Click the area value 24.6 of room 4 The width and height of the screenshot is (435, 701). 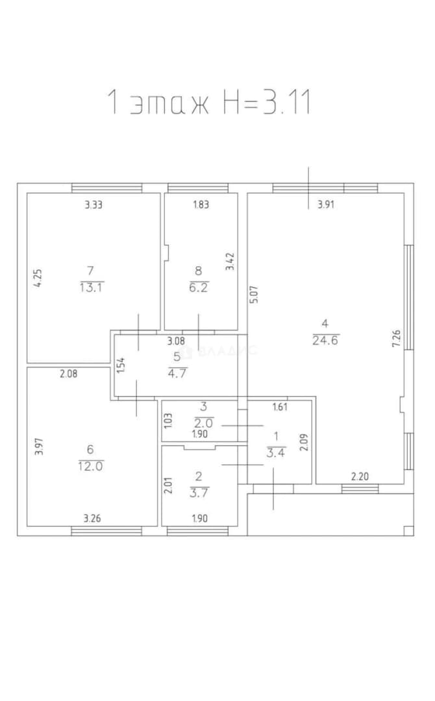tap(326, 340)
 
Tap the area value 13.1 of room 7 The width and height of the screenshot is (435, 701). tap(91, 288)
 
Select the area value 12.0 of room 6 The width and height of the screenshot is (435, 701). tap(91, 466)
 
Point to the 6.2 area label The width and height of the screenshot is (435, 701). tap(199, 288)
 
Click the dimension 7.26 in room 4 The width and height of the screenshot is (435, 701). tap(396, 338)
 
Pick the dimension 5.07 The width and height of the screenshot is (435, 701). tap(253, 295)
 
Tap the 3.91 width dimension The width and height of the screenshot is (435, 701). tap(326, 204)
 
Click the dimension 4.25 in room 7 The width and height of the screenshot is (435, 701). tap(39, 278)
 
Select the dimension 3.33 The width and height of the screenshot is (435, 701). tap(94, 204)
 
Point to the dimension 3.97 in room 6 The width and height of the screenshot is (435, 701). tap(39, 446)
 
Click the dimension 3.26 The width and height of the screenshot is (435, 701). tap(92, 519)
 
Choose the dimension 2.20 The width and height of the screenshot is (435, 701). tap(360, 476)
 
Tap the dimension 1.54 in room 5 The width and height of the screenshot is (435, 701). tap(120, 365)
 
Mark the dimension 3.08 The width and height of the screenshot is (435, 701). tap(176, 341)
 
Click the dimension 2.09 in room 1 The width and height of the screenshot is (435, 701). tap(304, 442)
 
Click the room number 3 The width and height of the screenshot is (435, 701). tap(204, 407)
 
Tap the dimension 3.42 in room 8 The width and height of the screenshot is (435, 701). tap(230, 262)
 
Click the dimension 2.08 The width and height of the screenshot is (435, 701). tap(68, 373)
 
